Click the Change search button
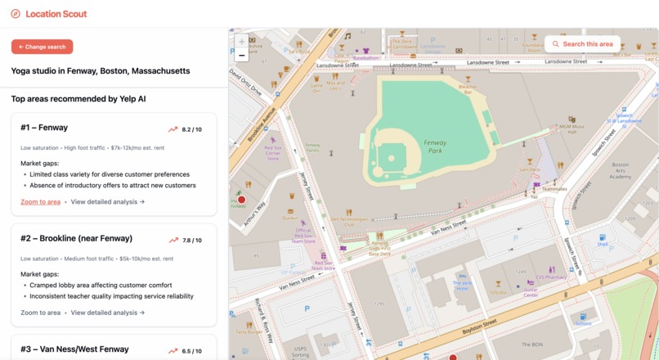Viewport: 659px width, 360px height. click(42, 47)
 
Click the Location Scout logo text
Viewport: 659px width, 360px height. click(56, 14)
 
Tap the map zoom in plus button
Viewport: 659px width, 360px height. click(241, 42)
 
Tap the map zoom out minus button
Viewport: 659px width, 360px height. click(241, 56)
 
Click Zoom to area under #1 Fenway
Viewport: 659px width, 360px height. click(40, 201)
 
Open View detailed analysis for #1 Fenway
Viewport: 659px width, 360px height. click(108, 201)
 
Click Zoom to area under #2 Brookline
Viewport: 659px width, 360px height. click(40, 313)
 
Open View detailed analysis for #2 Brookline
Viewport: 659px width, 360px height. click(108, 313)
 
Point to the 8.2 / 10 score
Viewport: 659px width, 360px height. click(191, 129)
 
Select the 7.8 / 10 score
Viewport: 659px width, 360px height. click(191, 241)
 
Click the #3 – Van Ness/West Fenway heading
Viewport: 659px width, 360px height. click(74, 349)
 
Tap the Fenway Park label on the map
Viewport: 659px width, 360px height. click(435, 146)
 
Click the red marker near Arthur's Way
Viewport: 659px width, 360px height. click(241, 200)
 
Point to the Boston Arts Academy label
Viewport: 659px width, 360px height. click(621, 170)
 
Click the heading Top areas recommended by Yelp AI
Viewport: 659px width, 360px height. click(78, 99)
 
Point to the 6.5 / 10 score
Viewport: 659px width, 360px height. click(191, 351)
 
